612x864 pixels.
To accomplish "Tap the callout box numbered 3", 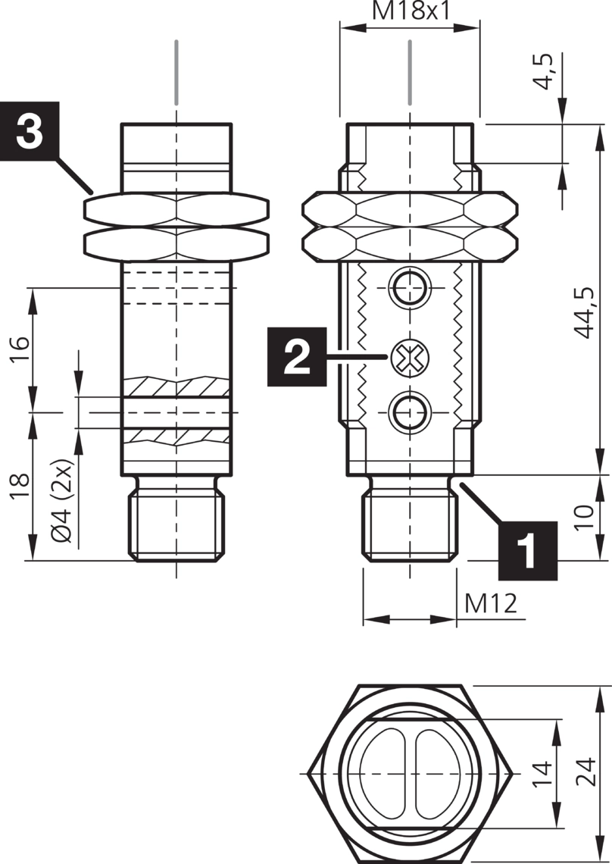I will point(30,130).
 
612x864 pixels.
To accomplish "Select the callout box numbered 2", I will point(296,356).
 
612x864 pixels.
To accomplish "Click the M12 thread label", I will point(491,604).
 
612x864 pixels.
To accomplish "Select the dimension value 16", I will point(20,351).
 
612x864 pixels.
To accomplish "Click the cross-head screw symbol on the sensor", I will point(409,356).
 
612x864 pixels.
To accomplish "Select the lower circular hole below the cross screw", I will point(409,412).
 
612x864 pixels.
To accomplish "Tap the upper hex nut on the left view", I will point(176,210).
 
